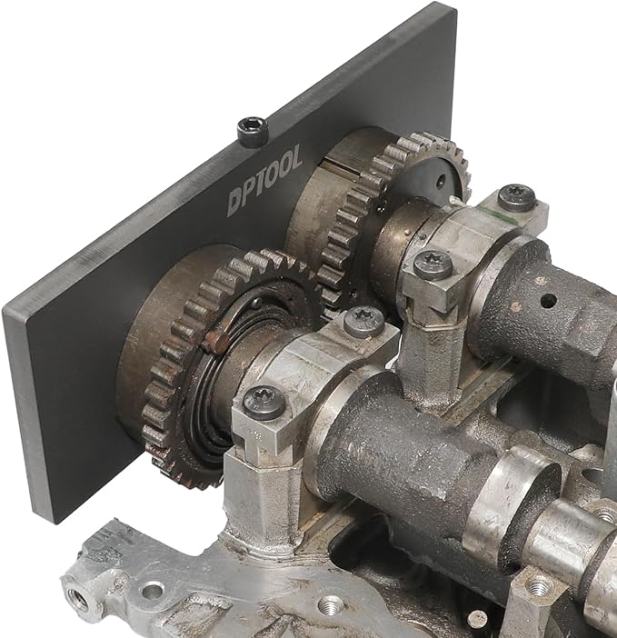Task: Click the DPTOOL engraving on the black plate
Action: (x=265, y=179)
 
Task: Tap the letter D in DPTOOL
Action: (x=235, y=202)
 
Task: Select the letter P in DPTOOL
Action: (x=248, y=193)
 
